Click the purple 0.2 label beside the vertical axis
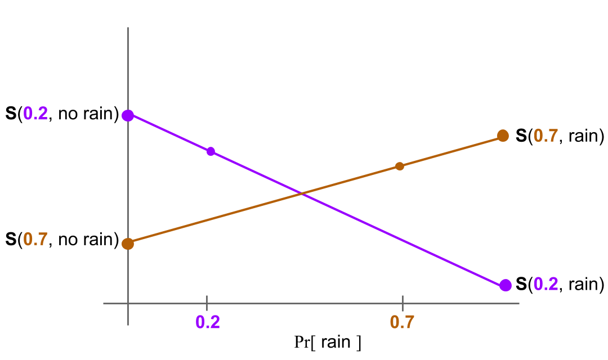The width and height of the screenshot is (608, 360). tap(35, 114)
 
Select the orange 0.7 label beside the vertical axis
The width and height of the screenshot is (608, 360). tap(35, 240)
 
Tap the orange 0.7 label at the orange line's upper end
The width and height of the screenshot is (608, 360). tap(546, 136)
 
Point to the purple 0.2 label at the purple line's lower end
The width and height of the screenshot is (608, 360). tap(546, 285)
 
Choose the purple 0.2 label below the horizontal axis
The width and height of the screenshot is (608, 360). tap(207, 322)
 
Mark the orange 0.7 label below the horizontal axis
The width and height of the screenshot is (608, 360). tap(402, 322)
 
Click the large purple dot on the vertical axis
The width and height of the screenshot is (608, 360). tap(128, 115)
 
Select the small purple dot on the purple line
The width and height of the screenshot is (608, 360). tap(211, 151)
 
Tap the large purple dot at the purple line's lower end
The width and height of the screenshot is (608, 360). tap(506, 285)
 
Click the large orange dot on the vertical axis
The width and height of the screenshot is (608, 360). tap(128, 244)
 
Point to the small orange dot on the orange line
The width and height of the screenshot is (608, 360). tap(400, 166)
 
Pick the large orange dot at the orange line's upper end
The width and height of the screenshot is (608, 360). tap(503, 136)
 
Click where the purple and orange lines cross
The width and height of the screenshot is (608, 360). tap(303, 194)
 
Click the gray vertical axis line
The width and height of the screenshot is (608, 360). tap(128, 67)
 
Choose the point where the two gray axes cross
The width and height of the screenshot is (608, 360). tap(128, 304)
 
